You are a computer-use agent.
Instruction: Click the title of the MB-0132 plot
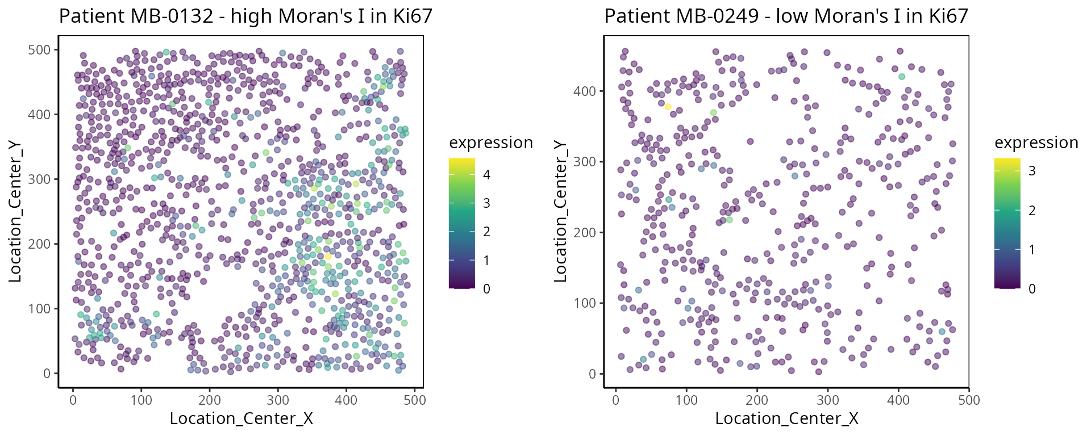pyautogui.click(x=245, y=16)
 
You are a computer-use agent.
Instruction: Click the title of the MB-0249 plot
pyautogui.click(x=786, y=16)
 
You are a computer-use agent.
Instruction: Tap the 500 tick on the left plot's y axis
pyautogui.click(x=40, y=50)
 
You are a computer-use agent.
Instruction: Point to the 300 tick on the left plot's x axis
pyautogui.click(x=278, y=400)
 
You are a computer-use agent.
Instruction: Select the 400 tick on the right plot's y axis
pyautogui.click(x=585, y=91)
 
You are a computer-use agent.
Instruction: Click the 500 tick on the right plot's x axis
pyautogui.click(x=969, y=400)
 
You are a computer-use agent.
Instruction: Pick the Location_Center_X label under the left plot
pyautogui.click(x=241, y=419)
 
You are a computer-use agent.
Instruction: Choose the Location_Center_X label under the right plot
pyautogui.click(x=786, y=419)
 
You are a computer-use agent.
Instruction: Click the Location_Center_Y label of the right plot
pyautogui.click(x=561, y=211)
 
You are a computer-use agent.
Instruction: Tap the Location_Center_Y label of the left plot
pyautogui.click(x=15, y=211)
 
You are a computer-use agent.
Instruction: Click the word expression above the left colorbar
pyautogui.click(x=491, y=142)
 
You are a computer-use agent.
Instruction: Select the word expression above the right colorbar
pyautogui.click(x=1036, y=142)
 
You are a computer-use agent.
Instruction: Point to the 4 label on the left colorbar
pyautogui.click(x=486, y=175)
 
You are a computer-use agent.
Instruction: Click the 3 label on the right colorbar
pyautogui.click(x=1032, y=171)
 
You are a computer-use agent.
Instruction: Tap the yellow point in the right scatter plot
pyautogui.click(x=668, y=107)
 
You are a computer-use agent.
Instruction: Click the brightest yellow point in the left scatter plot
pyautogui.click(x=328, y=257)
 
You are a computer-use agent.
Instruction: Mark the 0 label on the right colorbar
pyautogui.click(x=1032, y=289)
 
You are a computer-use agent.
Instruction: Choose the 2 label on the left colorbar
pyautogui.click(x=486, y=232)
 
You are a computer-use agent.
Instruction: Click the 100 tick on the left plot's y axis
pyautogui.click(x=40, y=309)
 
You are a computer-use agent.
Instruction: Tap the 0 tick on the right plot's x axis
pyautogui.click(x=616, y=400)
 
